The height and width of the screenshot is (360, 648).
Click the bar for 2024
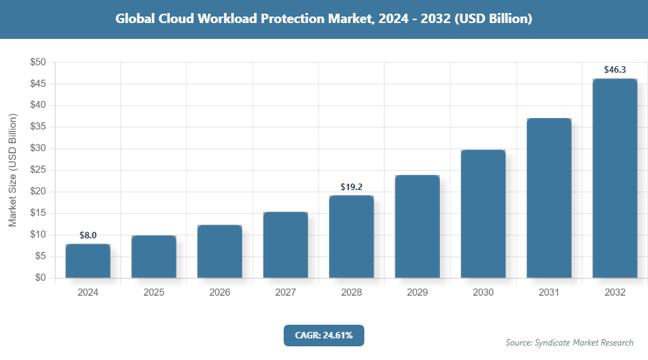tap(88, 261)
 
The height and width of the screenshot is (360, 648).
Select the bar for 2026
tap(220, 251)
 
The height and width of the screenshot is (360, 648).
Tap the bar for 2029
tap(417, 226)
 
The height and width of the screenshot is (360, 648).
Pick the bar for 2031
tap(549, 198)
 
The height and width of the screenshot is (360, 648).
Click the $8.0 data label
tap(88, 235)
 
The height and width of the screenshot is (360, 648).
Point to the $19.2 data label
tap(351, 186)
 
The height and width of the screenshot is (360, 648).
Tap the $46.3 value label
tap(615, 70)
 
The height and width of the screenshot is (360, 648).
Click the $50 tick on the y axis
tap(37, 63)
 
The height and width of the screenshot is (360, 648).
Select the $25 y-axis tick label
tap(37, 170)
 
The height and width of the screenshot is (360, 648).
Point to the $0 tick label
tap(40, 278)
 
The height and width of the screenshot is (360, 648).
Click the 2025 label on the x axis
tap(153, 293)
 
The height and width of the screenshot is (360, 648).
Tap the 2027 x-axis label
tap(285, 293)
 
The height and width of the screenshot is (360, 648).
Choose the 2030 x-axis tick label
tap(483, 293)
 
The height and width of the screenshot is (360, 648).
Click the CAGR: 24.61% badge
tap(323, 335)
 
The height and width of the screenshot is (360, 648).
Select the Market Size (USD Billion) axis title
tap(12, 170)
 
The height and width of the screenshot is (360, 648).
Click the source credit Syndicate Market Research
tap(570, 342)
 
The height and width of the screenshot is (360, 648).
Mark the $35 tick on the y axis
tap(37, 127)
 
